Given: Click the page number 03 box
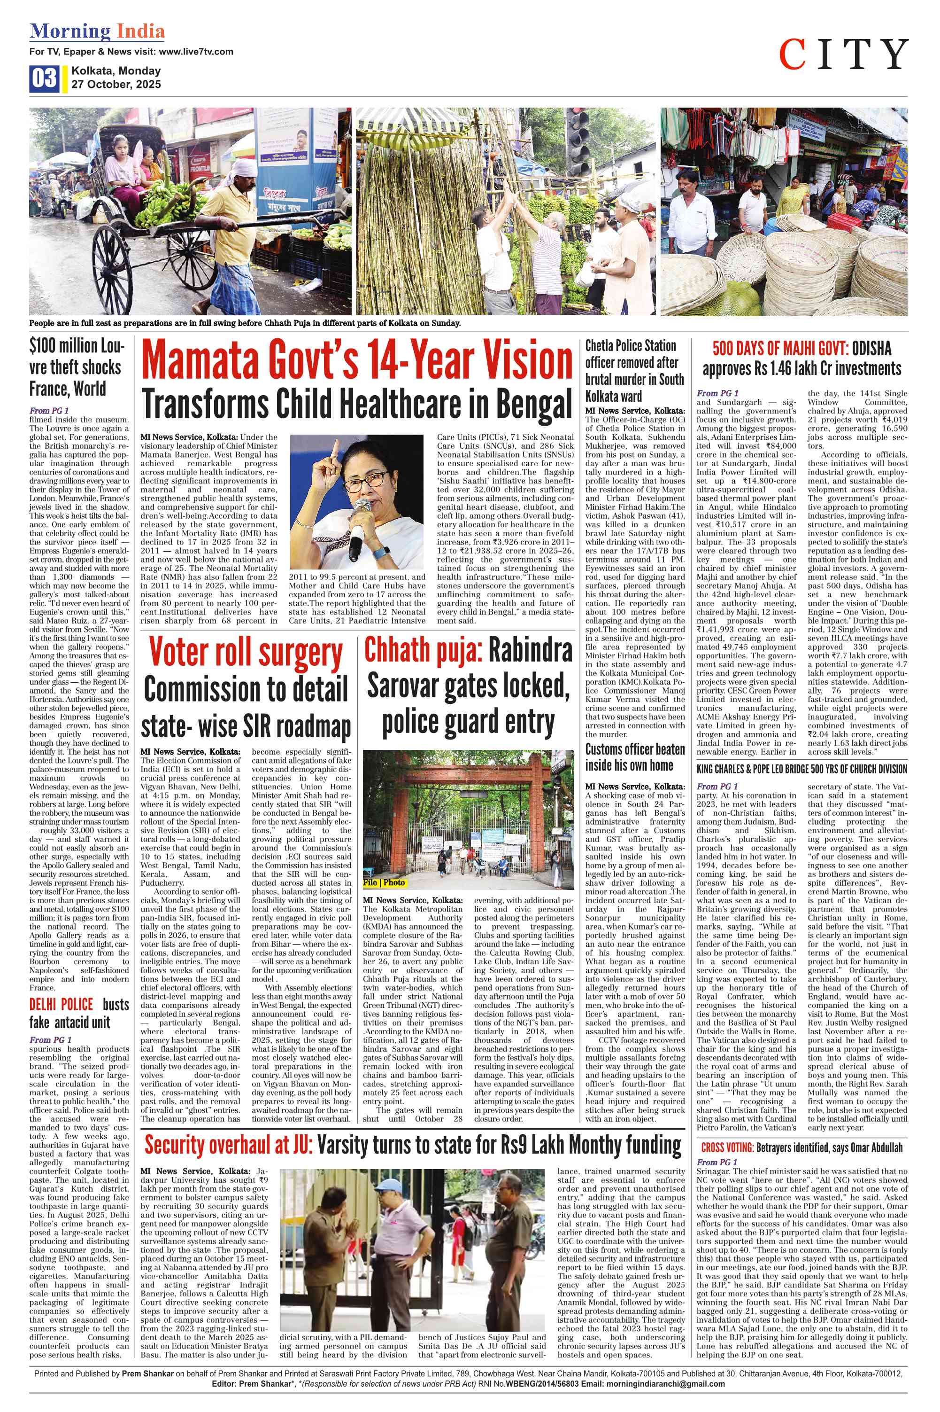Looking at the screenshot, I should point(44,79).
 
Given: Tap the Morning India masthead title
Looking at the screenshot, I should point(97,31).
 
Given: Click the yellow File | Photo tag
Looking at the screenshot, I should point(384,882).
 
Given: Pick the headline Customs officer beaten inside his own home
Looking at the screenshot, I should point(635,757).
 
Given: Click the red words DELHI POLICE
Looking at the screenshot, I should point(61,1004).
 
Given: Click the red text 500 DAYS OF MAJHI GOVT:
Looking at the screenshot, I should point(780,349).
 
